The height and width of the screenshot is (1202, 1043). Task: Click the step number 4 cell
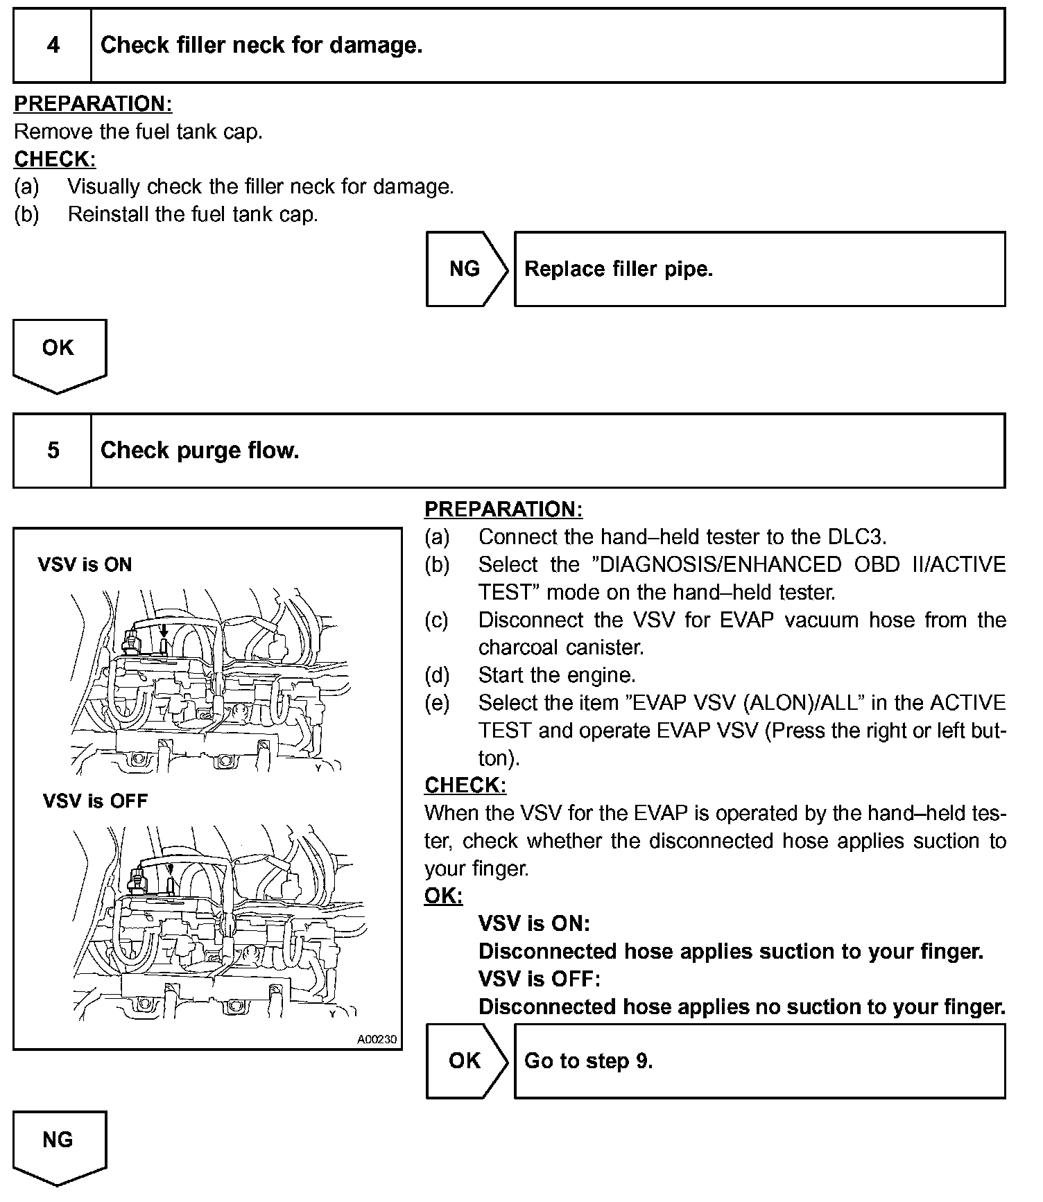coord(53,46)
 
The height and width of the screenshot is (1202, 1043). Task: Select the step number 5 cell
coord(53,451)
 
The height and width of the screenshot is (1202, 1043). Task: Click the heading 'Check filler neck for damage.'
coord(261,46)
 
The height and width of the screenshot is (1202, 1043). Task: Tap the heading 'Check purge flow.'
coord(200,451)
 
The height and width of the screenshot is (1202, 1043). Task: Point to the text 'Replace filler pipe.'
coord(619,269)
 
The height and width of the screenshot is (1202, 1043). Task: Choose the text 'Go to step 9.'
coord(589,1061)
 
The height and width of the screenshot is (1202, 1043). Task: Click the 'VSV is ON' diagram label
coord(85,565)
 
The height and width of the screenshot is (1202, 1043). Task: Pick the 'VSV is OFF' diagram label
coord(95,801)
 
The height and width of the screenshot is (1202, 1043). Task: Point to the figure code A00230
coord(377,1040)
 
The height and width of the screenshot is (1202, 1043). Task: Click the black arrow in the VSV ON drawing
coord(164,629)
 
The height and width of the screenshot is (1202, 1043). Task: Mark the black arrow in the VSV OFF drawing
coord(171,867)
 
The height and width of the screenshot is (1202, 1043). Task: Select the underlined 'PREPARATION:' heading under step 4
coord(93,104)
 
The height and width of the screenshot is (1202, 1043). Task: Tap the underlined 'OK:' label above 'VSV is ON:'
coord(443,896)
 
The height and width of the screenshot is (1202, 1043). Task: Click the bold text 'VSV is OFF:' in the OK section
coord(539,979)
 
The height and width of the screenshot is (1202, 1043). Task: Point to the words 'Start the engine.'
coord(557,675)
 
